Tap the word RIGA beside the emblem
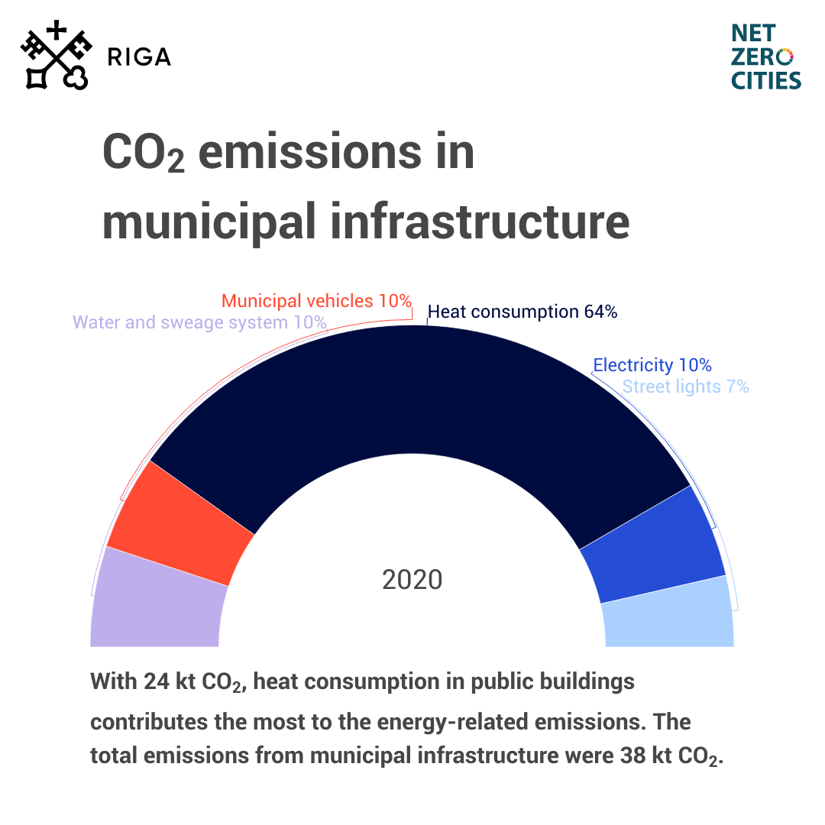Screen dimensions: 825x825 click(139, 57)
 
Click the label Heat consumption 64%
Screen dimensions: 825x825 click(522, 312)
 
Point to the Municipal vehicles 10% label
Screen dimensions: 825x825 click(316, 300)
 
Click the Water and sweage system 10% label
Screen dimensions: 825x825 click(199, 322)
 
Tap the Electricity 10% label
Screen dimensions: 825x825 click(652, 365)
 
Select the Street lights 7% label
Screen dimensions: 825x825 click(685, 387)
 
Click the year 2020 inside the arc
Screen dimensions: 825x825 click(412, 580)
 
